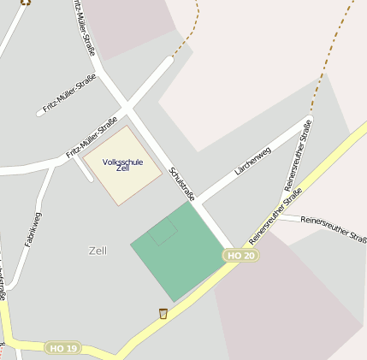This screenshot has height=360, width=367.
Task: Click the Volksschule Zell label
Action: point(122,165)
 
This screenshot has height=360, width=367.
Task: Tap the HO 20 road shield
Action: point(240,256)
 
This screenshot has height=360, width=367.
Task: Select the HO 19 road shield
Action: point(63,348)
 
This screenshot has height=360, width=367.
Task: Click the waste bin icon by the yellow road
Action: point(163,314)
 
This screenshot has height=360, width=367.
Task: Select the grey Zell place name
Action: point(98,251)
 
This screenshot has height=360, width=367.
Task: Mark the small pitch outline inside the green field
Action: point(163,232)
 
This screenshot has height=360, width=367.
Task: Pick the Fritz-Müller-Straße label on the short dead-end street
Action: point(69,94)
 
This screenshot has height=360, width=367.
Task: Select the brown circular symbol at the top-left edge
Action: point(25,2)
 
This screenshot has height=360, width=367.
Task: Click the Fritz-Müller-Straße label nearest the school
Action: point(92,138)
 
